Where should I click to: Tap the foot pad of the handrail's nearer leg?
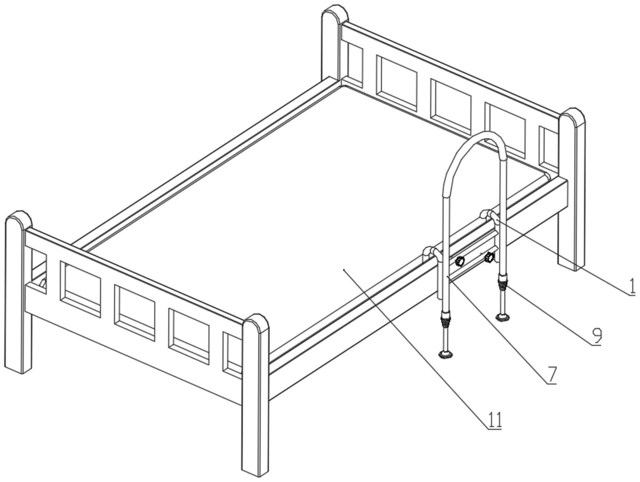(446, 355)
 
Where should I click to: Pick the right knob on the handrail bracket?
(489, 257)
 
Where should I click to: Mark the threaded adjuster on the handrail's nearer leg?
(446, 321)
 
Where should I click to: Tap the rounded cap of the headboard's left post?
(335, 13)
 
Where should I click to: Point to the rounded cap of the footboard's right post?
(255, 323)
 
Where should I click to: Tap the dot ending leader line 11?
(344, 270)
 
